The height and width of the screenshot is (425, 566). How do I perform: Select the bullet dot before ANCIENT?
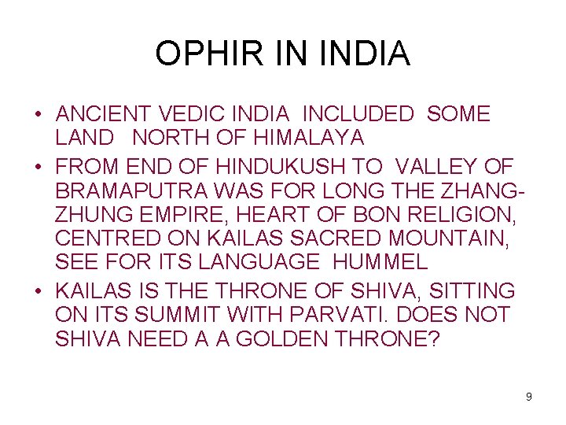(37, 115)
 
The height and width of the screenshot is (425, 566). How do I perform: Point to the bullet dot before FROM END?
(37, 166)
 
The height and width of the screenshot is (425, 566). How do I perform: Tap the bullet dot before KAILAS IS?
(37, 292)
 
